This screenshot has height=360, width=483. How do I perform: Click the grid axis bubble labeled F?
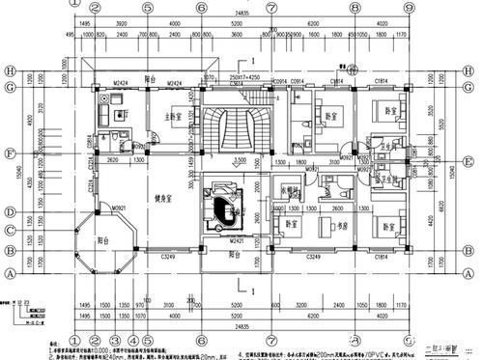pyautogui.click(x=8, y=152)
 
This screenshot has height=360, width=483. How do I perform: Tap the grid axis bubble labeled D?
pyautogui.click(x=8, y=212)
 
